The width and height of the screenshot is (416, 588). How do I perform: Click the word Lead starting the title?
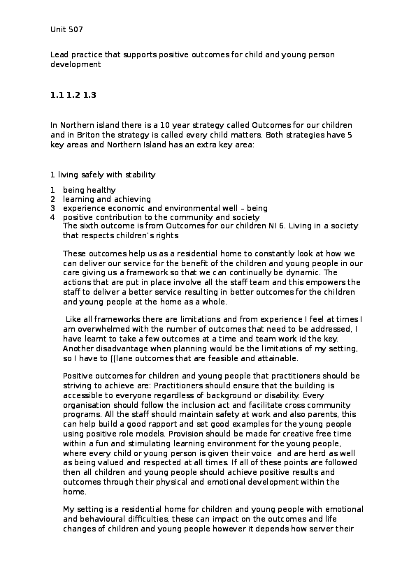pyautogui.click(x=59, y=53)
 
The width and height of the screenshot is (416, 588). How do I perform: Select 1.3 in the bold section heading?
pyautogui.click(x=89, y=94)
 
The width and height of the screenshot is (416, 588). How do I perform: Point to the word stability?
pyautogui.click(x=139, y=175)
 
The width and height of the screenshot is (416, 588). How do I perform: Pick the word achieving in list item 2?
pyautogui.click(x=132, y=199)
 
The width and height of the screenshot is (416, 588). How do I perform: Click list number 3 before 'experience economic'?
pyautogui.click(x=52, y=208)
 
